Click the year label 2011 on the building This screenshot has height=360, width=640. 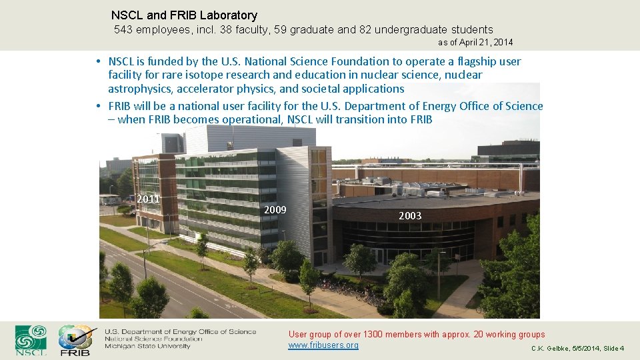(148, 199)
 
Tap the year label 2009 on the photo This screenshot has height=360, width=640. (275, 210)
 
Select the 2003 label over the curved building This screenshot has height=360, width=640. (410, 215)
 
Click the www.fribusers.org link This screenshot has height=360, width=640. (323, 345)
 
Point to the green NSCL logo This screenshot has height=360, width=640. (31, 340)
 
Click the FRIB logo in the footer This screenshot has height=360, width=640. (75, 340)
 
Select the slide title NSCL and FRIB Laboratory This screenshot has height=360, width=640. (184, 15)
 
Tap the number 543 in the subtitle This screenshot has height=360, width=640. (124, 29)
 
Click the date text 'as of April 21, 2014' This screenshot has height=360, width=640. (475, 43)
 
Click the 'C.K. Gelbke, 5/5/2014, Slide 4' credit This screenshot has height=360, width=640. (577, 349)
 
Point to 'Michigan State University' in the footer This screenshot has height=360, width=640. (147, 346)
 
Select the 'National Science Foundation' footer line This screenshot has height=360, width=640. (153, 339)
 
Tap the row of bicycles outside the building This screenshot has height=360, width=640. (353, 291)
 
